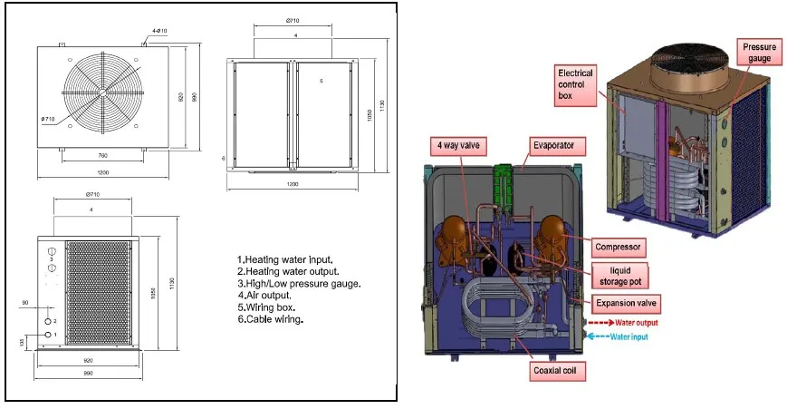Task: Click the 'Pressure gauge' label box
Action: click(x=759, y=52)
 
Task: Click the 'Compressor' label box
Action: click(x=618, y=246)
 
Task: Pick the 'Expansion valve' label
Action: click(x=628, y=302)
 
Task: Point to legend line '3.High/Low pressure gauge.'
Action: click(x=299, y=284)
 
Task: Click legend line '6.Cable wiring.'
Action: click(x=271, y=319)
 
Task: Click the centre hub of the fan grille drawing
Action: click(x=102, y=92)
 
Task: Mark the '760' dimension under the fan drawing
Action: click(x=102, y=154)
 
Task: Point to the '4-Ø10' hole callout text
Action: click(x=158, y=30)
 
